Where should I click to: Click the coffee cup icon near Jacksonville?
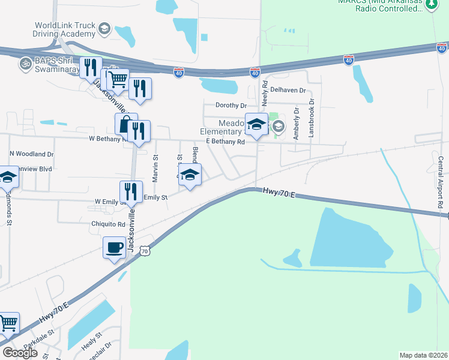click(114, 247)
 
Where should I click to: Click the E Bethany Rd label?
click(225, 142)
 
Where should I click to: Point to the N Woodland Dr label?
click(31, 154)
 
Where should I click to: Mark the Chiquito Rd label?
click(107, 224)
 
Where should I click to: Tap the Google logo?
click(20, 353)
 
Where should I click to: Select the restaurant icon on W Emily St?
click(131, 191)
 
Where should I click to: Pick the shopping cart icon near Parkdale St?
click(8, 323)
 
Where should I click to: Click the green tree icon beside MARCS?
click(432, 5)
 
